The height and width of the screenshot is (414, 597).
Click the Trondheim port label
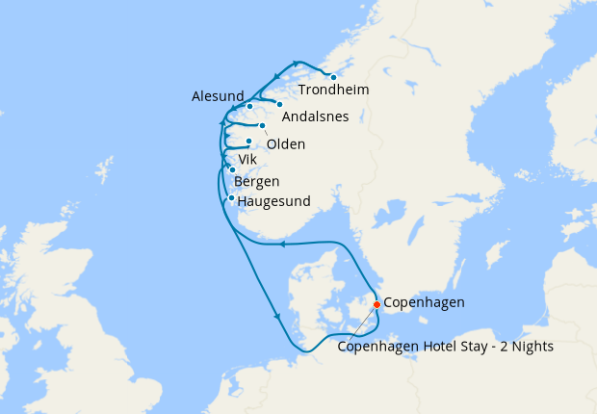point(333,91)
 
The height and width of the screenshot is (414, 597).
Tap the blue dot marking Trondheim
point(333,77)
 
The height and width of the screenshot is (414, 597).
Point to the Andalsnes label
point(315,116)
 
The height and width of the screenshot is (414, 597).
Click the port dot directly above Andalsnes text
point(279,104)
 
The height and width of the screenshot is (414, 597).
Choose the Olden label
point(286,144)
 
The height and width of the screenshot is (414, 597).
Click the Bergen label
point(257,181)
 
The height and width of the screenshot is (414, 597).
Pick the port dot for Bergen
point(232,170)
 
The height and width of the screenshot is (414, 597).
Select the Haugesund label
point(273,201)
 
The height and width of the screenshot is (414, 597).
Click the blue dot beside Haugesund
point(231,198)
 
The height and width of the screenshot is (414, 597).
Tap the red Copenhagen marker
point(376,305)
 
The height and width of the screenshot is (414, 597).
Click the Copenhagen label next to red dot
point(424,302)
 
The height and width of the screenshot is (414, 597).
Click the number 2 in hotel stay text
point(496,347)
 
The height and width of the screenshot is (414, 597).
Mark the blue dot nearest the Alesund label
point(249,106)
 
